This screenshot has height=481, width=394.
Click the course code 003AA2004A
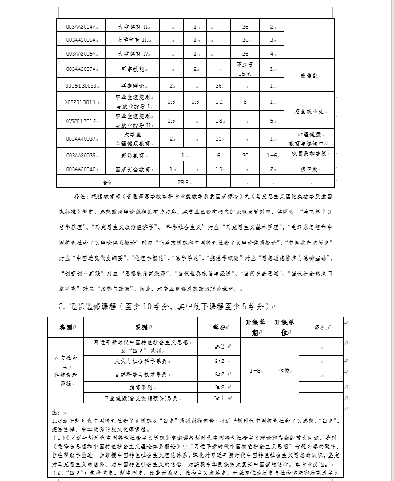[x=80, y=26]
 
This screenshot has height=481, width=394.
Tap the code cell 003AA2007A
[x=80, y=69]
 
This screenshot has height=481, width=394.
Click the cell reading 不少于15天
[x=245, y=69]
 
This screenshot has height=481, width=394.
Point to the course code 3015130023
[x=80, y=85]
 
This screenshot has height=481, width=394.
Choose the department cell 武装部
[x=309, y=76]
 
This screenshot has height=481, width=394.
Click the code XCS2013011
[x=80, y=101]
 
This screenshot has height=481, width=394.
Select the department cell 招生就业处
[x=309, y=111]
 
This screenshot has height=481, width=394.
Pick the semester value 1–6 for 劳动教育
[x=272, y=155]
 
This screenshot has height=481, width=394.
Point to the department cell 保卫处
[x=309, y=169]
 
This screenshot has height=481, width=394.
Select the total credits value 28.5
[x=183, y=182]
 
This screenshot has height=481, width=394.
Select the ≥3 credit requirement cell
[x=218, y=346]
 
